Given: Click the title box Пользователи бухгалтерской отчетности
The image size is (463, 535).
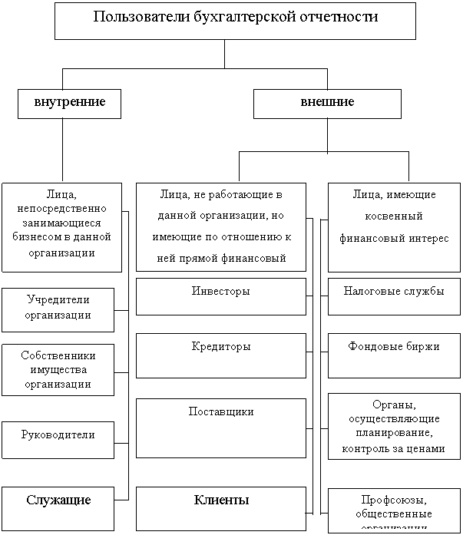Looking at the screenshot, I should [x=235, y=21].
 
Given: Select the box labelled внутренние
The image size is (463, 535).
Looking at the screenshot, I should [x=69, y=103].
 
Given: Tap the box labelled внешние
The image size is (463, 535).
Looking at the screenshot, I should [x=327, y=103].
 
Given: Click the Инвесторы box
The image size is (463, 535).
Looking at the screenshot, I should [x=220, y=296].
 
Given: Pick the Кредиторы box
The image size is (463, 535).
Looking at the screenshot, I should [x=220, y=355].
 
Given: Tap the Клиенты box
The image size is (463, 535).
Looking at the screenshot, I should [x=220, y=506].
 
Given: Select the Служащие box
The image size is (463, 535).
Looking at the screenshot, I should [x=58, y=506].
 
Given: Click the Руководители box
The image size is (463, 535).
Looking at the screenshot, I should [x=58, y=435].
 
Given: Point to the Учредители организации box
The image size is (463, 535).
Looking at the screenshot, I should [x=58, y=309].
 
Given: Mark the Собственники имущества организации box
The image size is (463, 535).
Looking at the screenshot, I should [x=58, y=370].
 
